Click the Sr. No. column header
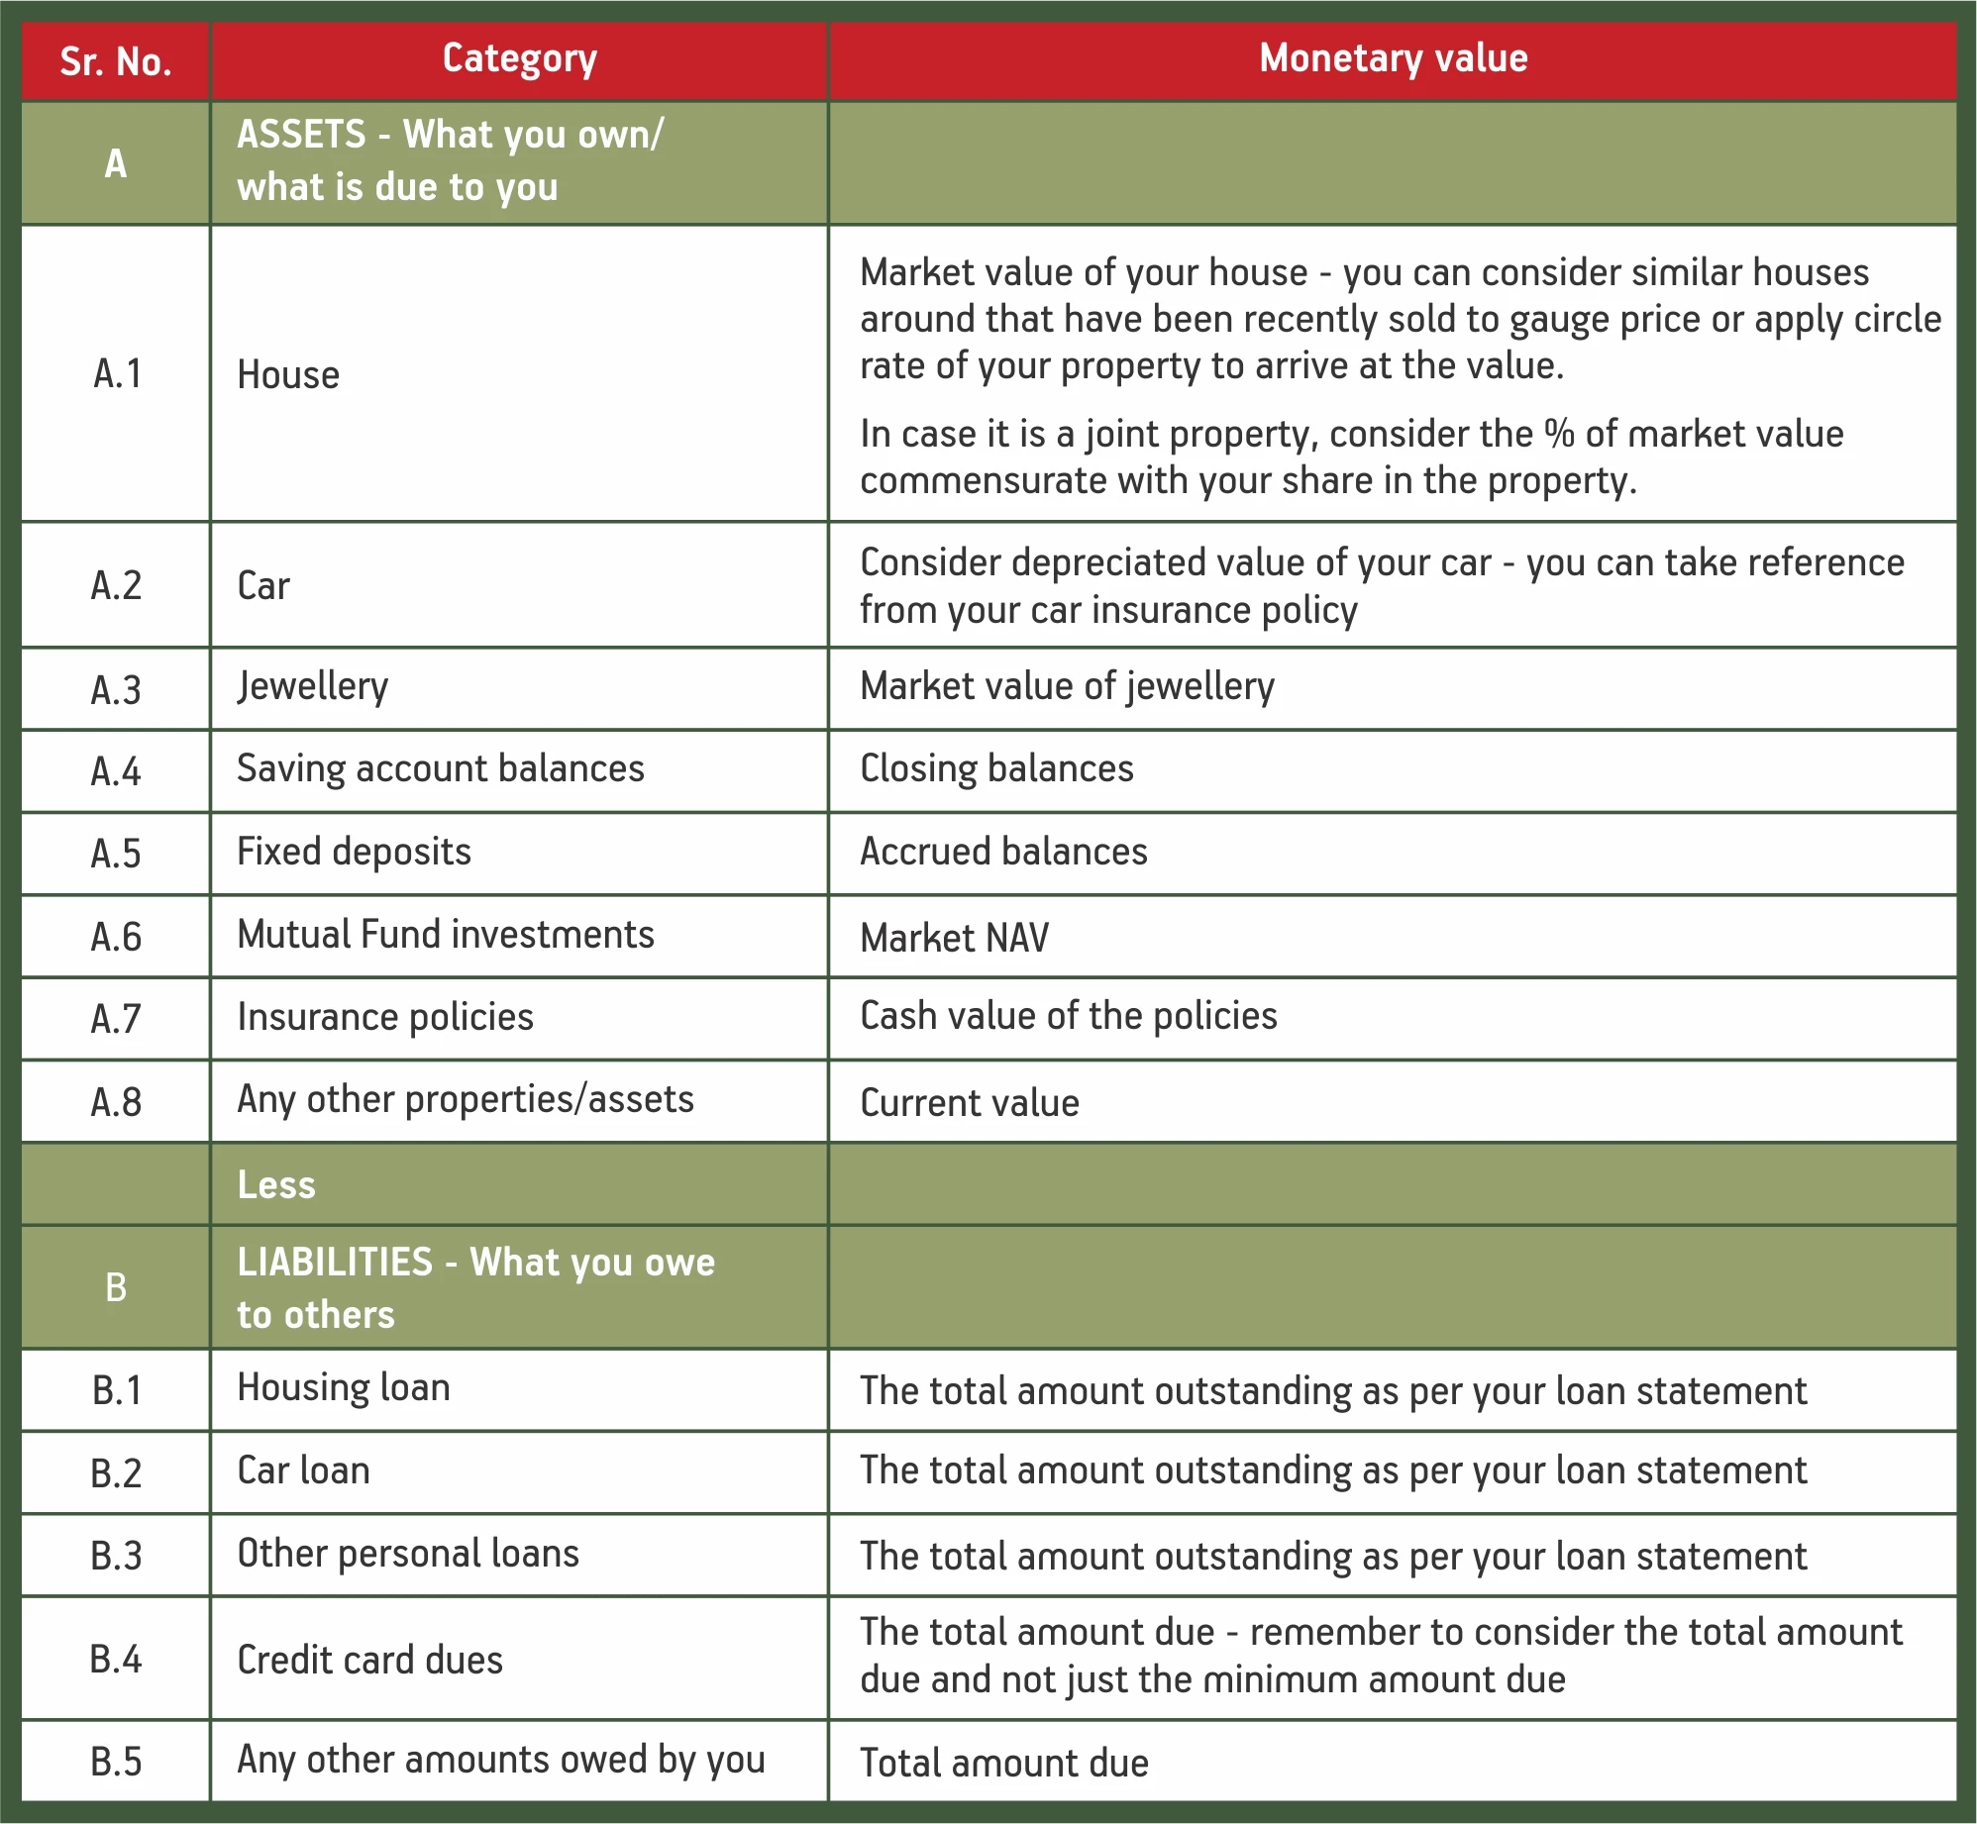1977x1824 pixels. coord(116,61)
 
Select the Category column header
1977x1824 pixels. coord(519,59)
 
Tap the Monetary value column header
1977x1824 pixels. coord(1393,58)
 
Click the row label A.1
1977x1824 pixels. coord(117,374)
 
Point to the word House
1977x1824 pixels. coord(288,375)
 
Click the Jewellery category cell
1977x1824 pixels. coord(313,687)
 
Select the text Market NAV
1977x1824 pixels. coord(954,938)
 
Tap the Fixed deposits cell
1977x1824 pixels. coord(354,853)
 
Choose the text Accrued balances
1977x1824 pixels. coord(1003,853)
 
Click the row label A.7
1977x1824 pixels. coord(116,1019)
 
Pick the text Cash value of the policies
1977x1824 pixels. coord(1068,1017)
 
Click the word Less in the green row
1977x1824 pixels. coord(276,1185)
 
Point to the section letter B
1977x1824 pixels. coord(116,1287)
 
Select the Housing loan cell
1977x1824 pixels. coord(344,1388)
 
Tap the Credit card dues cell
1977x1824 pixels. coord(369,1661)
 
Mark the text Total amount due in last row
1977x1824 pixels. coord(1003,1764)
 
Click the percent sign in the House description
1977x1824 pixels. coord(1559,434)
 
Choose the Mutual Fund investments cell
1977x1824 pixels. coord(446,935)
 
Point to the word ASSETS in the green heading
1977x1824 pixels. coord(301,135)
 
